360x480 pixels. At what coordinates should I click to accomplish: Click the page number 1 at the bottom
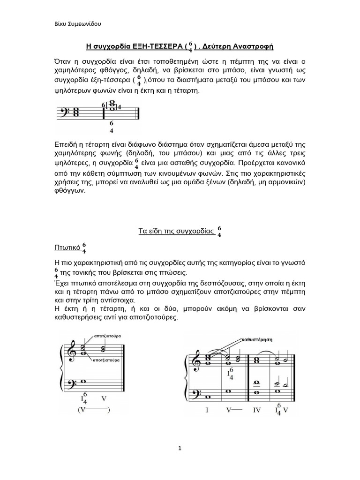(180, 448)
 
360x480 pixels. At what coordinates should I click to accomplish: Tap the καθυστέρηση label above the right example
(257, 338)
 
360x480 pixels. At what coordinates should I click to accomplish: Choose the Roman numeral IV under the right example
(257, 410)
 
